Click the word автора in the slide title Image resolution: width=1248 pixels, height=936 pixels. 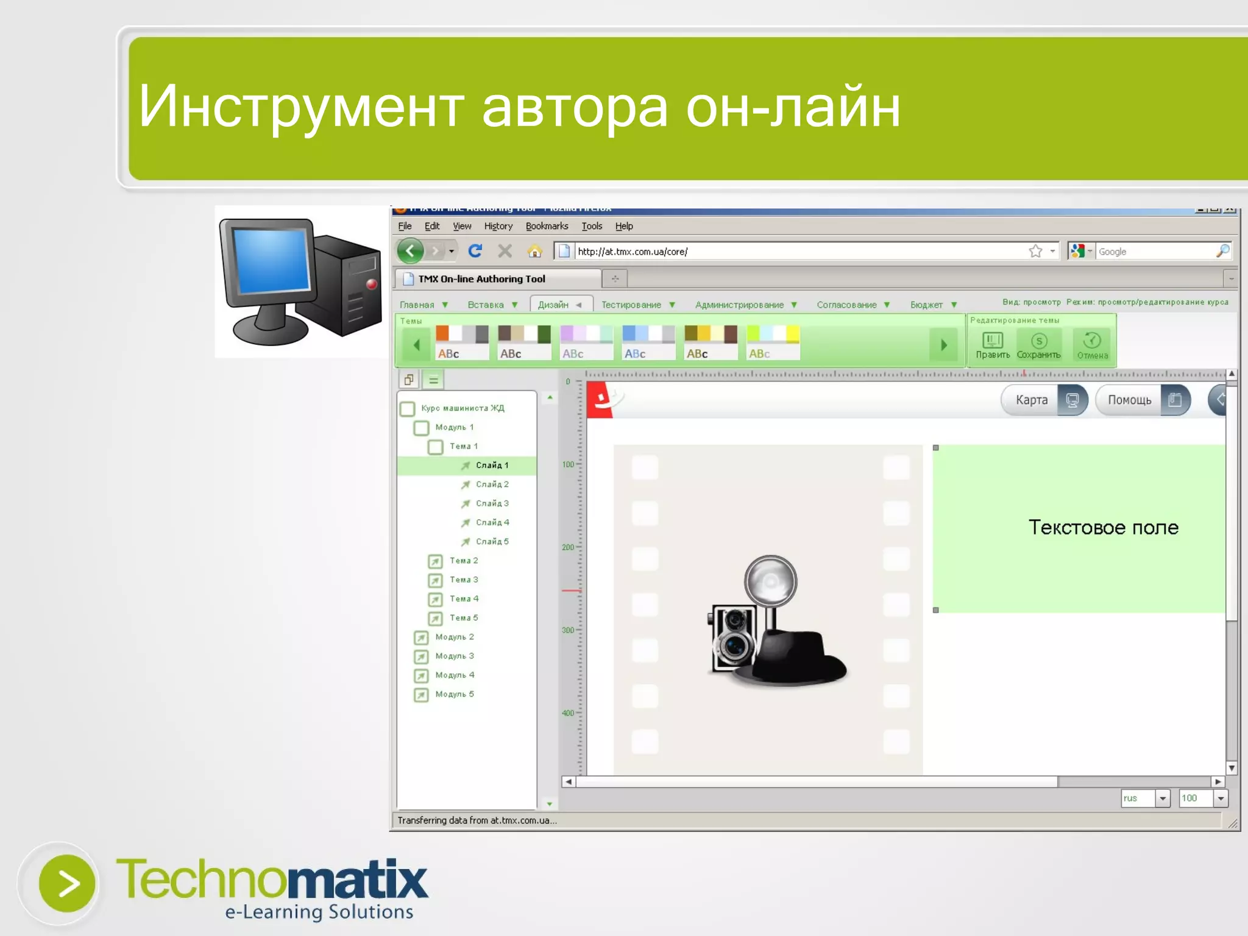pyautogui.click(x=575, y=108)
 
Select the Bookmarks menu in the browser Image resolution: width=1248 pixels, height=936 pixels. pyautogui.click(x=547, y=226)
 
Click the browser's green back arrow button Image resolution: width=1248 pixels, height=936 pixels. pyautogui.click(x=411, y=250)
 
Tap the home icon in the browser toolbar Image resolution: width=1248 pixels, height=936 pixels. pyautogui.click(x=534, y=251)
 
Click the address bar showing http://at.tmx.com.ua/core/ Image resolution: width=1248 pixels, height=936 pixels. pyautogui.click(x=792, y=251)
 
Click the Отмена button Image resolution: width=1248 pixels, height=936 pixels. pyautogui.click(x=1092, y=346)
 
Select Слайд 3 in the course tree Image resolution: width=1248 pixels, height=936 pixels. pyautogui.click(x=492, y=503)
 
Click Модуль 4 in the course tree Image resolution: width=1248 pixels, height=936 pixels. pyautogui.click(x=454, y=675)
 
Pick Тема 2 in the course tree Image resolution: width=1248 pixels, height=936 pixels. pyautogui.click(x=463, y=561)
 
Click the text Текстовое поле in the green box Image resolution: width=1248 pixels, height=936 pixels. pyautogui.click(x=1103, y=527)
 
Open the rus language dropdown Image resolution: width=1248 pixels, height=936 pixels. pyautogui.click(x=1161, y=798)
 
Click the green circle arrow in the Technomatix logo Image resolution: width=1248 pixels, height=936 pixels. pyautogui.click(x=67, y=883)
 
